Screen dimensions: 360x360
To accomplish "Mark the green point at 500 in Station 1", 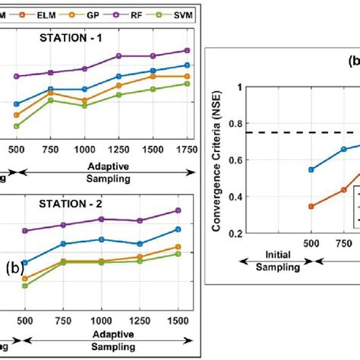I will [17, 126].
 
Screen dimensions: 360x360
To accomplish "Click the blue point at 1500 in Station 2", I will [178, 229].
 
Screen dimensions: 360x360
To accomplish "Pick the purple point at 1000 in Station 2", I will [101, 219].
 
